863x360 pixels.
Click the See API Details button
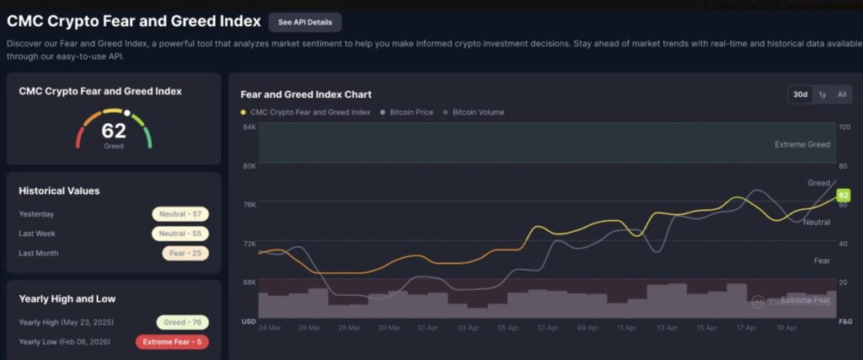pos(305,22)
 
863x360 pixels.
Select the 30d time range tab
pos(800,94)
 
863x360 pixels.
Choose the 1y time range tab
pos(822,94)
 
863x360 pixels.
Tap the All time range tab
pos(841,94)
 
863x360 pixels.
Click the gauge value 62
pos(114,131)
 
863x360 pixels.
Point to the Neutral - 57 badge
pos(180,214)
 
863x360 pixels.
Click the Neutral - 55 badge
pos(180,234)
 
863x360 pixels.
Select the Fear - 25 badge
pos(185,253)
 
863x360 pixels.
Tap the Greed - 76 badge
pos(182,322)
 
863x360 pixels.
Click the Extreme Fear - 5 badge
pos(172,341)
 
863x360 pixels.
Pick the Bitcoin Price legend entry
pos(411,112)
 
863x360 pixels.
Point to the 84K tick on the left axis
pos(249,126)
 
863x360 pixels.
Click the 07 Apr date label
pos(548,327)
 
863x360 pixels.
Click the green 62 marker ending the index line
pos(844,196)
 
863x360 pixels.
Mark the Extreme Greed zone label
pos(801,144)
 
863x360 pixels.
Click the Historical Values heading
pos(59,191)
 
